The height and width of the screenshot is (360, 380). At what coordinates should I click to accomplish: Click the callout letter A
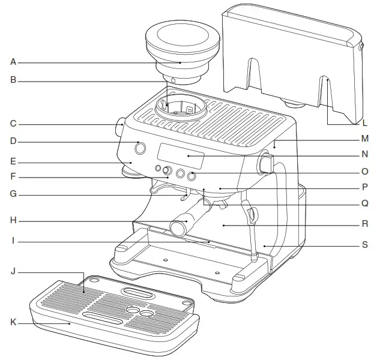coord(13,61)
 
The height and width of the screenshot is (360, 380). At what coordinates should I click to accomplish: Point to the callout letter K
coord(13,323)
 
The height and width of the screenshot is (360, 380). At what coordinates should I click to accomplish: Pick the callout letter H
coord(13,220)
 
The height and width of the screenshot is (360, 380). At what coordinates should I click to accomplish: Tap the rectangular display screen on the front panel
coord(181,156)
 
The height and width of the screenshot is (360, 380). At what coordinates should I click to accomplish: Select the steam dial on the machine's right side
coord(267,163)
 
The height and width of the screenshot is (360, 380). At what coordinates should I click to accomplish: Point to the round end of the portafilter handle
coord(177,228)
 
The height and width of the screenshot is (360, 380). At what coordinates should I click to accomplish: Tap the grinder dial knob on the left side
coord(120,128)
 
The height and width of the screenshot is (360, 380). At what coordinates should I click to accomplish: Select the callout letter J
coord(13,272)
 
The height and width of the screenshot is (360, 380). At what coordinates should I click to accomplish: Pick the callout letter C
coord(13,124)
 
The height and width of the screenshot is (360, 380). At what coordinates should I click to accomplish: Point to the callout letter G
coord(13,194)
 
